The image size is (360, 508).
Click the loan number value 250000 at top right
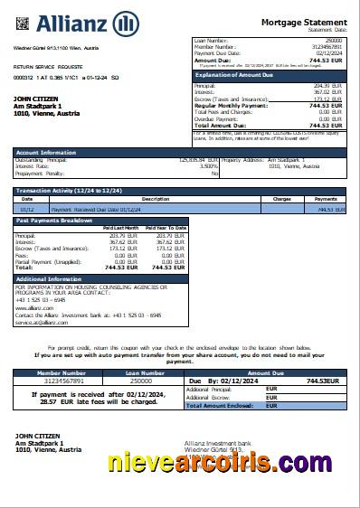[x=334, y=41]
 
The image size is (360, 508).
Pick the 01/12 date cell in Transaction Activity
[x=28, y=209]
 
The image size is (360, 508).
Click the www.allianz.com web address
[x=30, y=308]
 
